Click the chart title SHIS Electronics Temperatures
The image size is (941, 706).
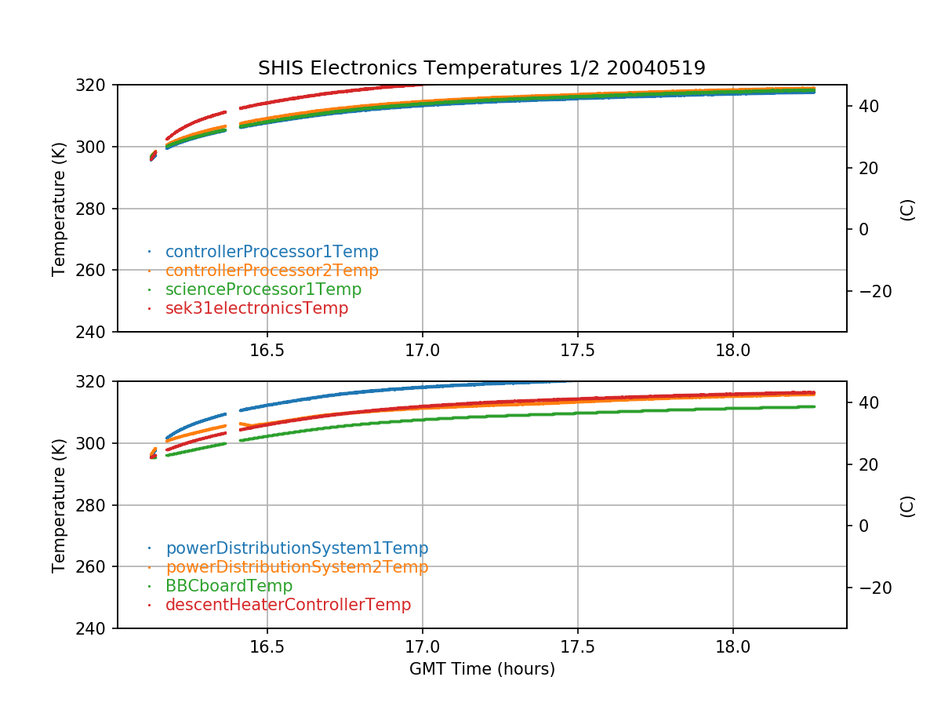481,68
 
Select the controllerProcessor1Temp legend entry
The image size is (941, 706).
271,252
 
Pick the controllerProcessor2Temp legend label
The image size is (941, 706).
271,271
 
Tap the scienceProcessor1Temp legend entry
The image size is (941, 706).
263,289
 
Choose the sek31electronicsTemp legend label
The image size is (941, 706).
256,308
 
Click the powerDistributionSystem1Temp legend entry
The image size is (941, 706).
296,548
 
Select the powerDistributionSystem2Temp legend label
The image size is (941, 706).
296,567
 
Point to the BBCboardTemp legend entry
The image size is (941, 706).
228,586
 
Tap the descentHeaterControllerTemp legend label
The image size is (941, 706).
288,605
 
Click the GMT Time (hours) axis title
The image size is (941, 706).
481,669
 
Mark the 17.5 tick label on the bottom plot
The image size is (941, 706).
577,646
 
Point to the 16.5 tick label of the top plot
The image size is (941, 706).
267,350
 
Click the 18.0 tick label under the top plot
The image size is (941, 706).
732,350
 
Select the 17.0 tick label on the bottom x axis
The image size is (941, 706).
422,646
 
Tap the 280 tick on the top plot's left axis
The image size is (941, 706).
96,209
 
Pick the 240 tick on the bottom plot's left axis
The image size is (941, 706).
96,628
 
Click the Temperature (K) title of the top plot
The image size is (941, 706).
59,209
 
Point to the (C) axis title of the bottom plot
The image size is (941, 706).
907,505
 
